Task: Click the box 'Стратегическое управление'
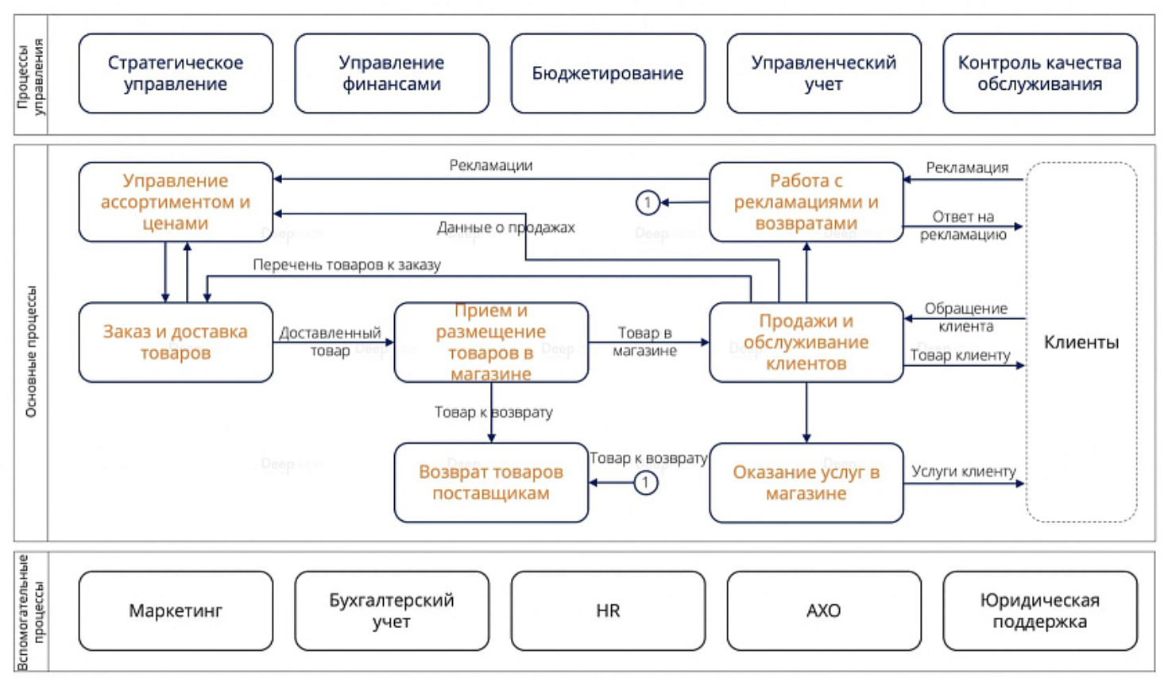pos(176,73)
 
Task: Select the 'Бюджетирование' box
pos(608,73)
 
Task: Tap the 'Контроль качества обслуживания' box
pos(1039,73)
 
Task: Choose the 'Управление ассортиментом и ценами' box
pos(176,202)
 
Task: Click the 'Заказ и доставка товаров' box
pos(176,342)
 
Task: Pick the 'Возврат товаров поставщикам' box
pos(491,482)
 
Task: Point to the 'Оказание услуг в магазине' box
pos(806,482)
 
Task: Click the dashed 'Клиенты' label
pos(1081,342)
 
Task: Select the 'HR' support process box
pos(608,611)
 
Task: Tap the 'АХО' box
pos(823,611)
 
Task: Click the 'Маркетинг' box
pos(176,611)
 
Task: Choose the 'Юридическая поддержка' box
pos(1039,611)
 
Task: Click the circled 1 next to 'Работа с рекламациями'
pos(648,202)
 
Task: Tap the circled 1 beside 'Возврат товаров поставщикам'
pos(645,482)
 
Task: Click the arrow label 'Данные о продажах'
pos(505,228)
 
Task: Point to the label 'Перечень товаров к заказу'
pos(346,265)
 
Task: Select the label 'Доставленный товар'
pos(330,341)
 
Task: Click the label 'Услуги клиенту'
pos(963,471)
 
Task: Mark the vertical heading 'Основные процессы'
pos(31,351)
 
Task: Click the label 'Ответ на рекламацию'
pos(963,225)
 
